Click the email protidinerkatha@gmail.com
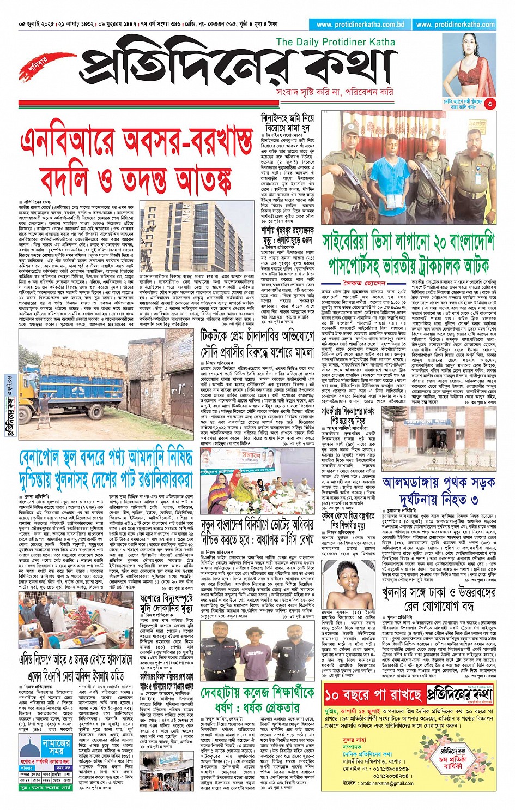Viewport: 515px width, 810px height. click(386, 783)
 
